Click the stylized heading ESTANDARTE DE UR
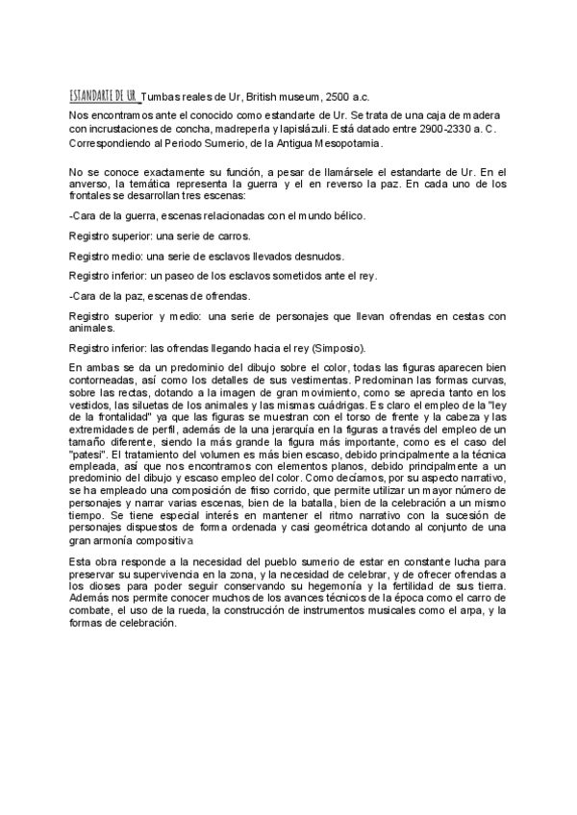click(104, 96)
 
